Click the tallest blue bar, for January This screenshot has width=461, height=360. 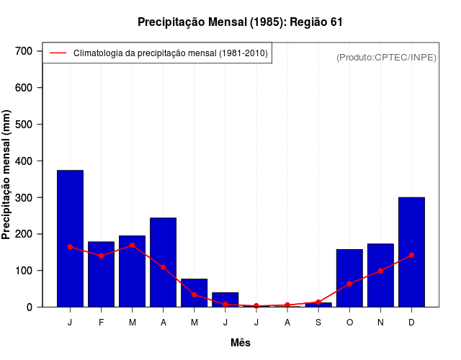(70, 238)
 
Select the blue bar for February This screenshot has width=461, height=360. (101, 274)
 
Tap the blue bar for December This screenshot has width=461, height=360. (411, 252)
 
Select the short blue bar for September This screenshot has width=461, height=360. (318, 305)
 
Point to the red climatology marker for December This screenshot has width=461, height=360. (411, 255)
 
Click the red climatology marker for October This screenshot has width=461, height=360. (349, 284)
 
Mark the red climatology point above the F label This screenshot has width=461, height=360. (101, 256)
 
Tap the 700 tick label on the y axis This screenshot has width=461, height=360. (24, 51)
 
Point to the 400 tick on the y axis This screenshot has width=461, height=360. (24, 161)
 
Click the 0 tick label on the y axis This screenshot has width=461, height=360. (30, 307)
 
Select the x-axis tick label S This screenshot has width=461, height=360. (318, 323)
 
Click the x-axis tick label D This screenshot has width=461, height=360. (411, 323)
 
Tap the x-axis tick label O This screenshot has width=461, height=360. (349, 323)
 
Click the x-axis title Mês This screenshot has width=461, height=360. (241, 343)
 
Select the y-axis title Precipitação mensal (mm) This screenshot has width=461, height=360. (7, 179)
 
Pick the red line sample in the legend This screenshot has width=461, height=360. (58, 53)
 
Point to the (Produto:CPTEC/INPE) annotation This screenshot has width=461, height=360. (386, 57)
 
